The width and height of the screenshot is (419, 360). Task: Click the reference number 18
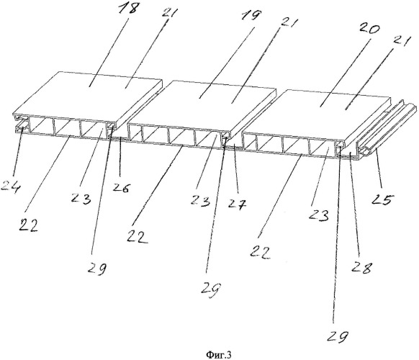129,9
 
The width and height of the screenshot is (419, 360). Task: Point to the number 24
10,186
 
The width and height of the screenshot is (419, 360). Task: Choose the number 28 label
361,266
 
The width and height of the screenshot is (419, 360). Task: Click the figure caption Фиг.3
219,355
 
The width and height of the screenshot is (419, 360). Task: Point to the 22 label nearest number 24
29,225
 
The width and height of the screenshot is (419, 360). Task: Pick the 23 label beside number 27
200,200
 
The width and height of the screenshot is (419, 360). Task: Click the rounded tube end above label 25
365,152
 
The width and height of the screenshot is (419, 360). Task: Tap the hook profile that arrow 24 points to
22,125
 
